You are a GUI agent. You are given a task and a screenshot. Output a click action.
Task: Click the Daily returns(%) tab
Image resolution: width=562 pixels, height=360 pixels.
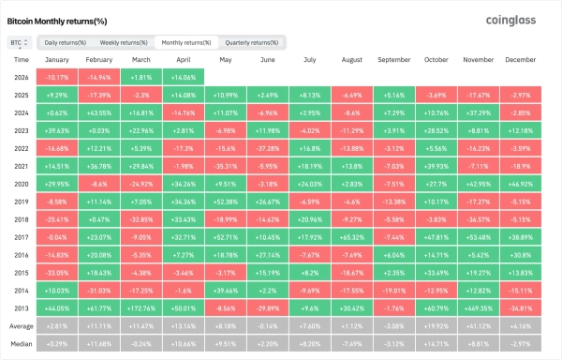pos(66,43)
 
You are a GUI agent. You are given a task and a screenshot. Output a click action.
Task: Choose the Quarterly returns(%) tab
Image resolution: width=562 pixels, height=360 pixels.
pos(253,43)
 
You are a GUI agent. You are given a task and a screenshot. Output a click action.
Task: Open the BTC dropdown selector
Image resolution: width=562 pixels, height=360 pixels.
pos(19,43)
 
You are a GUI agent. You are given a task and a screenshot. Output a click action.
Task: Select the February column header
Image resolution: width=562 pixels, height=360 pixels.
pos(98,59)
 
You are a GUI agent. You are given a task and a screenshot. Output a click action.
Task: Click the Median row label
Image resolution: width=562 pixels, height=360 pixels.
pos(22,344)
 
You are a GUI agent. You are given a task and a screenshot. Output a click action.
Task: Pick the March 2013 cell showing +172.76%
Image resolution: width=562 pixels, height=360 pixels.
pos(140,307)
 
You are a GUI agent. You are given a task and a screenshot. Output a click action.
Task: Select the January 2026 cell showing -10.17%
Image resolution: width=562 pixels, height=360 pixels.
pos(56,77)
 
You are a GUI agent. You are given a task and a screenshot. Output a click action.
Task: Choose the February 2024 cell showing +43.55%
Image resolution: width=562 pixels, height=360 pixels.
pos(98,112)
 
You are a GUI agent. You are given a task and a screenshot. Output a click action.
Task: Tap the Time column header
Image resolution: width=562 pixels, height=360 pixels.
pos(22,59)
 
